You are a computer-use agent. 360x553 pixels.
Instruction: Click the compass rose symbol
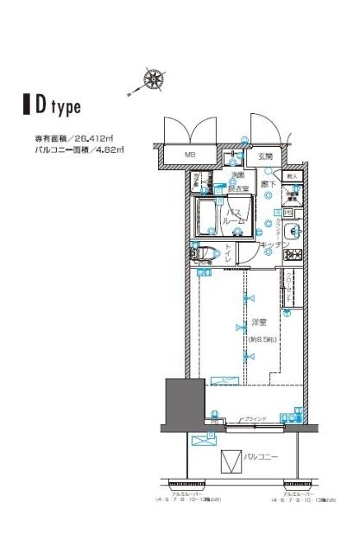point(155,79)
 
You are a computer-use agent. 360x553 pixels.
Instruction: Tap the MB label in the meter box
point(190,156)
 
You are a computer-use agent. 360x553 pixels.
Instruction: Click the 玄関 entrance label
point(265,156)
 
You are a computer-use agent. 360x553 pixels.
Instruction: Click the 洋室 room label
point(256,323)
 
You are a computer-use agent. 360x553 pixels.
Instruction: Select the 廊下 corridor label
point(268,183)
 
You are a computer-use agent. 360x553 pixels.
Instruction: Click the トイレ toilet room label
point(228,253)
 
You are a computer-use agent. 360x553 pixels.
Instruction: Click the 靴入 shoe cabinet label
point(293,176)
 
